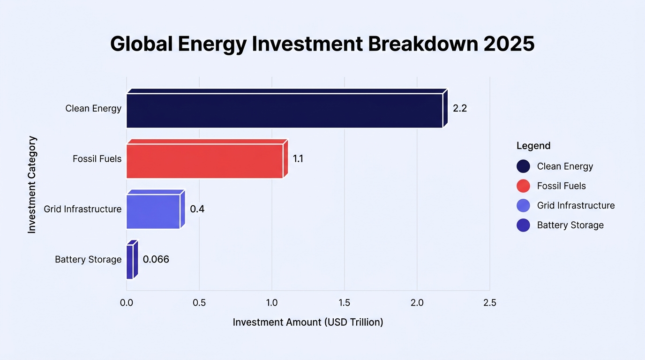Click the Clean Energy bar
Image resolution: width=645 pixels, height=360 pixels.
pyautogui.click(x=287, y=108)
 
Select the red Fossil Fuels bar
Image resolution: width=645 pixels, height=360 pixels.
pyautogui.click(x=207, y=159)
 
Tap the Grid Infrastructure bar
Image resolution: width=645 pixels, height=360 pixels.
pyautogui.click(x=156, y=209)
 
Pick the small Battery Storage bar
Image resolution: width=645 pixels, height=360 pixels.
pyautogui.click(x=132, y=260)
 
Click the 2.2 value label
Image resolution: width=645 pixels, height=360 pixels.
pyautogui.click(x=460, y=108)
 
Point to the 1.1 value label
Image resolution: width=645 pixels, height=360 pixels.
pyautogui.click(x=298, y=159)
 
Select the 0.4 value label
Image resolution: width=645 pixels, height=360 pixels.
pyautogui.click(x=197, y=209)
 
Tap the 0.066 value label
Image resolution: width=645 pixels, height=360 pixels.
pyautogui.click(x=156, y=260)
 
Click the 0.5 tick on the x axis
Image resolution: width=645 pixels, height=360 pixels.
pyautogui.click(x=199, y=303)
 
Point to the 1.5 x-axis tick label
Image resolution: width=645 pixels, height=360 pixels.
pyautogui.click(x=345, y=303)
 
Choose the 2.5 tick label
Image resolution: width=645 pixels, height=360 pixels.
pyautogui.click(x=490, y=303)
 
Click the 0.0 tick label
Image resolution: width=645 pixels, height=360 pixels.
pyautogui.click(x=127, y=303)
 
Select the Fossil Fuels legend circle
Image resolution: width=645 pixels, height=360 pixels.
pyautogui.click(x=523, y=186)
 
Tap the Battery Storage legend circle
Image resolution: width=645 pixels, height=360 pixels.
pyautogui.click(x=523, y=225)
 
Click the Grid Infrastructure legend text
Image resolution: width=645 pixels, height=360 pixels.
pyautogui.click(x=576, y=206)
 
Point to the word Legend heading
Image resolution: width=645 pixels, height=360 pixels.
pyautogui.click(x=533, y=146)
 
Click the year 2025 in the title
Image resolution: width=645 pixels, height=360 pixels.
pyautogui.click(x=509, y=44)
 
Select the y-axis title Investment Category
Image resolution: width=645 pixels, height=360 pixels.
pyautogui.click(x=32, y=185)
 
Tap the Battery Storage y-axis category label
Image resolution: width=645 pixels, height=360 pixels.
pyautogui.click(x=88, y=260)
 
